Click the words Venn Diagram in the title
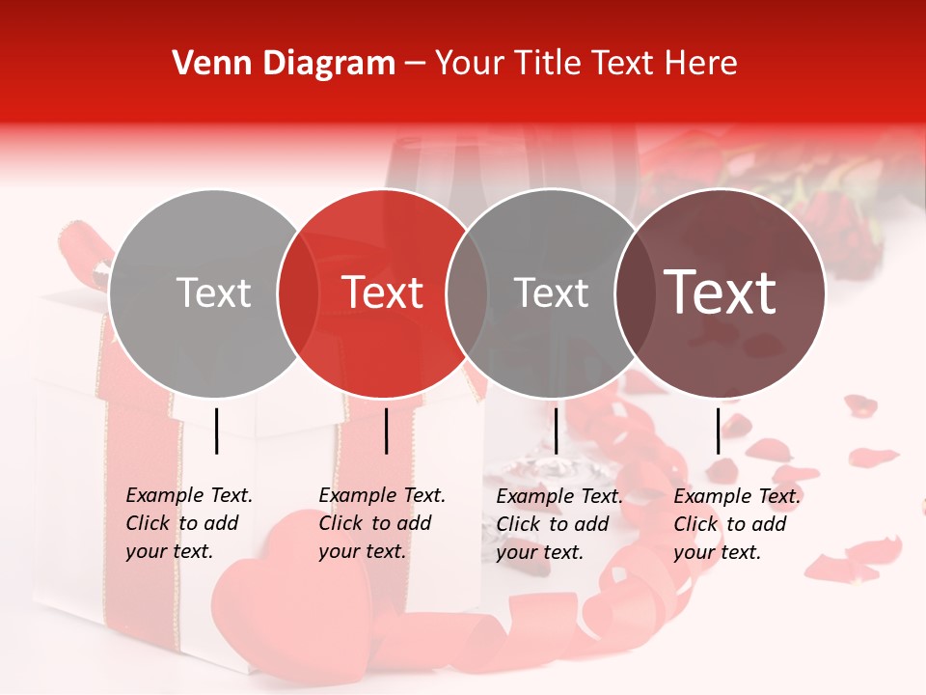[284, 64]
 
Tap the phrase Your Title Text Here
[586, 64]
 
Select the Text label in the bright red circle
[382, 292]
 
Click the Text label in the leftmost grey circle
[213, 292]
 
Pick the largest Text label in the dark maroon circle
[721, 292]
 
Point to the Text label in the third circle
[551, 292]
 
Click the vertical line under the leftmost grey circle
[217, 431]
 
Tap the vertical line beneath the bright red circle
[386, 431]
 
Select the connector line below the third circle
[556, 431]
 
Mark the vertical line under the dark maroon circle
[718, 431]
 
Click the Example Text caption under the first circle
[189, 523]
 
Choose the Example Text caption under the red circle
[382, 523]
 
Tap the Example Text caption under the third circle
[559, 524]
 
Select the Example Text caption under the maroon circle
[737, 524]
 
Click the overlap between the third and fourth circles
[636, 292]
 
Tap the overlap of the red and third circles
[467, 292]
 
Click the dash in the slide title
[415, 64]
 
